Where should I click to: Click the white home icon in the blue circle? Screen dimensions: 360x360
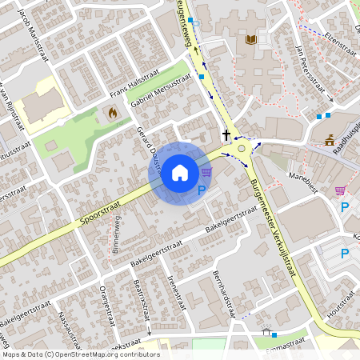pos(180,172)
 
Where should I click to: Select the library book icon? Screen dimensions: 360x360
pos(251,39)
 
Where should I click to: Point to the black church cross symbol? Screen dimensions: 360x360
pos(226,135)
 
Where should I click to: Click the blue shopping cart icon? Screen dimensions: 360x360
pos(207,171)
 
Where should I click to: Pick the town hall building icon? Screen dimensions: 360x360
pos(330,141)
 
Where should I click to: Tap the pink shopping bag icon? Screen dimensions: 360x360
pos(341,190)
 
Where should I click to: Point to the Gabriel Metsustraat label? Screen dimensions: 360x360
pos(161,93)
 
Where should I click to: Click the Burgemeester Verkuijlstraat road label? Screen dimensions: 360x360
pos(274,229)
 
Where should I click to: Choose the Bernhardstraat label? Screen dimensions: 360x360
pos(224,293)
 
